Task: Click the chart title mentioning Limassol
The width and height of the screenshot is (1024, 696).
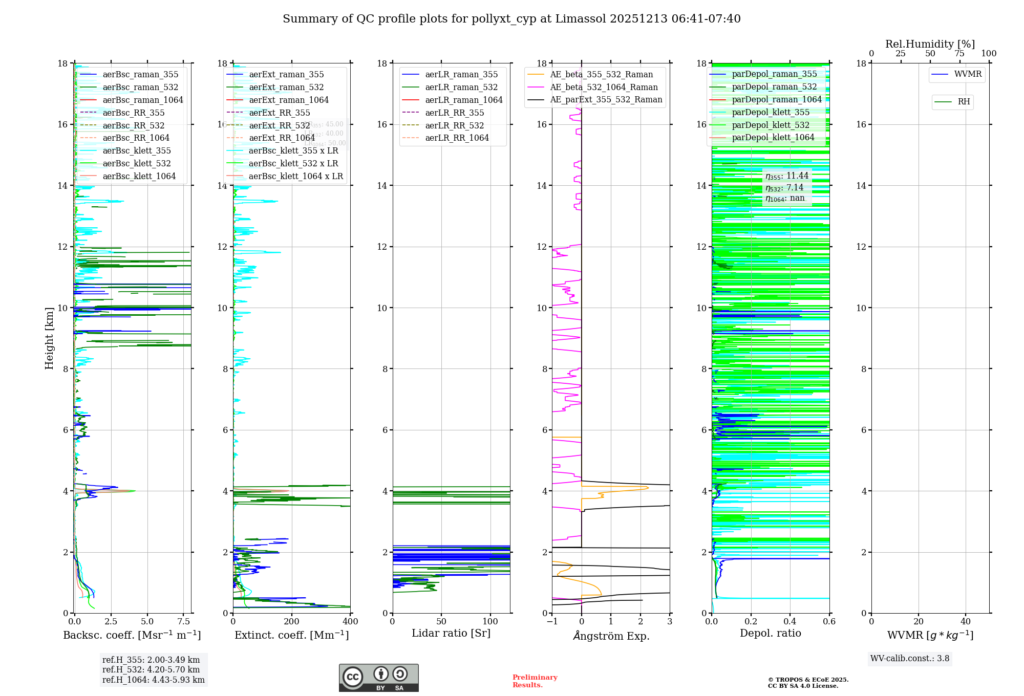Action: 511,19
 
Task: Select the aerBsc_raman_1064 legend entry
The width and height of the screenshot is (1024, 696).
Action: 142,100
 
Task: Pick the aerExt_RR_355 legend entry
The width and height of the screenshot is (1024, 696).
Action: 279,113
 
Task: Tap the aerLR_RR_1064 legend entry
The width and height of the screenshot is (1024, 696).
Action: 457,138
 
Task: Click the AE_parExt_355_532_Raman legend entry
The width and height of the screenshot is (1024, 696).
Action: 606,99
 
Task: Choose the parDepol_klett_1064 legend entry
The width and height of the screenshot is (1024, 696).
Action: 773,137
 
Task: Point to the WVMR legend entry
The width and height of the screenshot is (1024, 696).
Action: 967,74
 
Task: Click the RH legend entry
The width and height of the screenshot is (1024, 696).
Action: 964,102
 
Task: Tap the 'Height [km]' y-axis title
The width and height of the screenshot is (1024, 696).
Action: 49,338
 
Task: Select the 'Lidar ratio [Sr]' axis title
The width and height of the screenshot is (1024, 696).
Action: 451,633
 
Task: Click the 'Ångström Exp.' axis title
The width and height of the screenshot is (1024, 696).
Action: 611,636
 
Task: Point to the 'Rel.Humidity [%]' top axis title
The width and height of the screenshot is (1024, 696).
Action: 930,44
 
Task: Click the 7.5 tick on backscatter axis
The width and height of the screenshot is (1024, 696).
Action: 184,622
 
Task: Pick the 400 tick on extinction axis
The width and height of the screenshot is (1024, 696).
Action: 351,622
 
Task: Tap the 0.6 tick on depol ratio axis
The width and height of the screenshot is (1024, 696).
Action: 829,622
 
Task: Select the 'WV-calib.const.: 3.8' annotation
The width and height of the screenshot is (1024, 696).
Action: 909,659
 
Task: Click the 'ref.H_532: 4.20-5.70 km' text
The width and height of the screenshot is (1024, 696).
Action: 151,669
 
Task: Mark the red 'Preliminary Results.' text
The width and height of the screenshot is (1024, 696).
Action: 535,681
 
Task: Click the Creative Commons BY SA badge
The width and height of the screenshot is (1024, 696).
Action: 378,678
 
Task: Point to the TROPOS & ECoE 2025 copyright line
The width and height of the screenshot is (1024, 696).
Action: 808,680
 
